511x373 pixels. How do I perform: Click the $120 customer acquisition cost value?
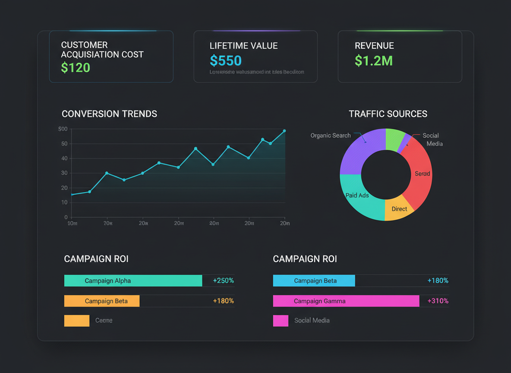[x=76, y=68]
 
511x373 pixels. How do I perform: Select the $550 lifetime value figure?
[x=226, y=60]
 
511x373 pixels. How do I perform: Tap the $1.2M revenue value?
[x=374, y=61]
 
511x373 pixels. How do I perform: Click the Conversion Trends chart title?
[x=109, y=114]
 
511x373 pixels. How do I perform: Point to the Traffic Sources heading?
[x=388, y=114]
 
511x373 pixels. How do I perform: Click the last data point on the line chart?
[x=284, y=131]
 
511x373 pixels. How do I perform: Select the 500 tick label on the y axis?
[x=63, y=129]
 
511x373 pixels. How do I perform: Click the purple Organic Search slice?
[x=358, y=151]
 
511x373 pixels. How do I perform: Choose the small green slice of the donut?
[x=394, y=139]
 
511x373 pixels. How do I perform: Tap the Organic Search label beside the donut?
[x=330, y=136]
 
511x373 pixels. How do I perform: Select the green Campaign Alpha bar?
[x=133, y=281]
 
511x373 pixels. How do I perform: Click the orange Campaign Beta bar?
[x=102, y=301]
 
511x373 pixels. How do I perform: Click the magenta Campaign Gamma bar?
[x=346, y=301]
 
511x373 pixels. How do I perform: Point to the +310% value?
[x=438, y=301]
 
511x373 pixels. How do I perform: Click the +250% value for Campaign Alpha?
[x=223, y=281]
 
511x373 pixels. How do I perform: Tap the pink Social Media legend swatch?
[x=281, y=320]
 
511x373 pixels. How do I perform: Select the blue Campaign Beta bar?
[x=314, y=281]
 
